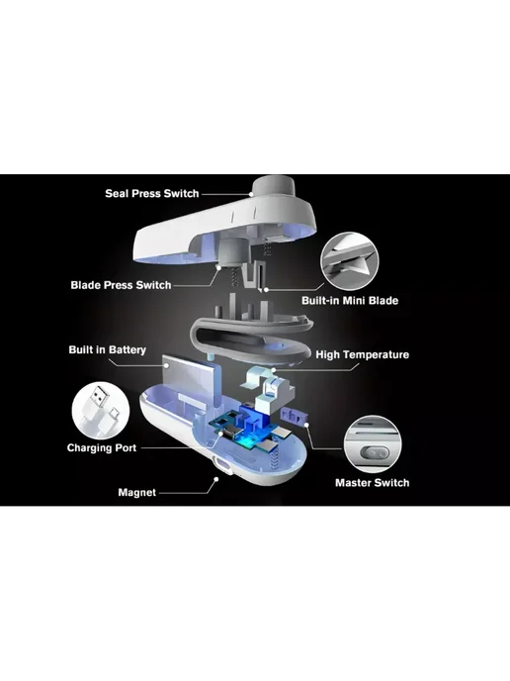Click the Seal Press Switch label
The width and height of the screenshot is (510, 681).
(152, 193)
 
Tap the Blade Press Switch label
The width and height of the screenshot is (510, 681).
(121, 285)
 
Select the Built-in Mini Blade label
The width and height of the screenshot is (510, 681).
(350, 301)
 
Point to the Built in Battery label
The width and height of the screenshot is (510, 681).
(107, 349)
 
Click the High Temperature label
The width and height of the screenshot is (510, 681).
(362, 354)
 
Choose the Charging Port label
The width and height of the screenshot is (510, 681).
(102, 447)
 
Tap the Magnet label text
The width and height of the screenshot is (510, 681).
(136, 493)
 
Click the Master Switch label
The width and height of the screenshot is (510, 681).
(372, 482)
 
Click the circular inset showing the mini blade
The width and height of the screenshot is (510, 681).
(349, 260)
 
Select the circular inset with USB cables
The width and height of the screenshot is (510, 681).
(101, 411)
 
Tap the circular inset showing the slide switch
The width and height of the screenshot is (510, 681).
(373, 443)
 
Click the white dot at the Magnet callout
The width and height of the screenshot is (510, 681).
(215, 479)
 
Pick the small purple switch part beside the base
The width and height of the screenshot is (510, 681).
(295, 416)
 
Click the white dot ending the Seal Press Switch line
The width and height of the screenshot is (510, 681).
(251, 195)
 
